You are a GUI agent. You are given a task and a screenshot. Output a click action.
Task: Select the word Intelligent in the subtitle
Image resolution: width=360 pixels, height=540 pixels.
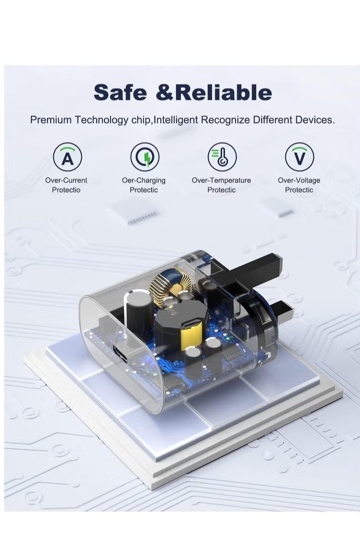click(x=176, y=120)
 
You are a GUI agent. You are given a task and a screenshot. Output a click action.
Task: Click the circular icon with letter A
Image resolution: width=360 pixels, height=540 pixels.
click(x=67, y=157)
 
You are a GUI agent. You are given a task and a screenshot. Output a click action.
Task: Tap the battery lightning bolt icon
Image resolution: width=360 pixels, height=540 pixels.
click(x=144, y=157)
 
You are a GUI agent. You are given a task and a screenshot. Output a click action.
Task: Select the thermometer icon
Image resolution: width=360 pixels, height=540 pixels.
click(x=221, y=157)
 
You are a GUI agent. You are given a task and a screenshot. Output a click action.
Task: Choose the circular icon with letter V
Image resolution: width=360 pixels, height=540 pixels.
click(x=299, y=157)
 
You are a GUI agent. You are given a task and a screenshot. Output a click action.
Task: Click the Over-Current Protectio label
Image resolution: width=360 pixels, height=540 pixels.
click(x=66, y=185)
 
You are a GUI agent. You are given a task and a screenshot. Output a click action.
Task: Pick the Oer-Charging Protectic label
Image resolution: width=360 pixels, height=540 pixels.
click(x=144, y=185)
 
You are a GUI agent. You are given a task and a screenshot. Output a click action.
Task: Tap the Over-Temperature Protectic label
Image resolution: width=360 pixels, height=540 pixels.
click(x=221, y=185)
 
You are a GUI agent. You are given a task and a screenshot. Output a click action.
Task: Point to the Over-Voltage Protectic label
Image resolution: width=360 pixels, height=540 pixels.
click(x=299, y=185)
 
